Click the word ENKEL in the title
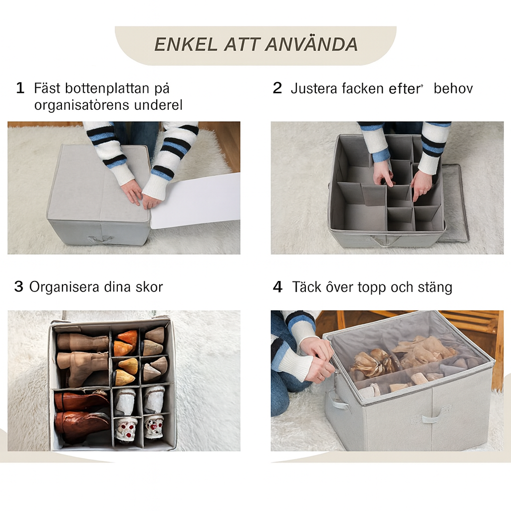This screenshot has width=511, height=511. tap(186, 44)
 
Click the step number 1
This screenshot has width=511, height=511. tap(20, 88)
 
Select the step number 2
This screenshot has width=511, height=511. tap(277, 88)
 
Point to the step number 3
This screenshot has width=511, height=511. tap(19, 287)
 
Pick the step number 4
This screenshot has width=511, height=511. tap(277, 287)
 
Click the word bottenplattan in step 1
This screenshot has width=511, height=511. tap(107, 88)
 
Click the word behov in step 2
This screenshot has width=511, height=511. tap(453, 88)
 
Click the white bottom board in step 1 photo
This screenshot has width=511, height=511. tap(196, 200)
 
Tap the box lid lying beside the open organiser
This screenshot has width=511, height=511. tap(456, 202)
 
